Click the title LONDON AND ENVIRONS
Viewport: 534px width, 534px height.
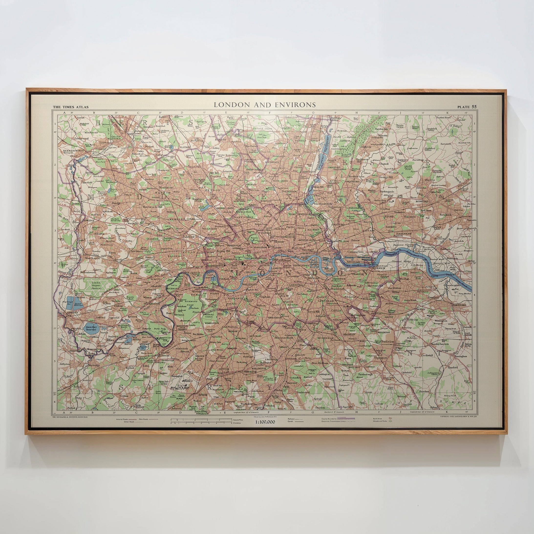(265, 105)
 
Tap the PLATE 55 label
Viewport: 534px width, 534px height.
(467, 107)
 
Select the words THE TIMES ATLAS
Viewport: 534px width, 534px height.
(71, 107)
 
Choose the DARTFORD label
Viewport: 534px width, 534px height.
(459, 305)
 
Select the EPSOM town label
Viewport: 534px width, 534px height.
(203, 395)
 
